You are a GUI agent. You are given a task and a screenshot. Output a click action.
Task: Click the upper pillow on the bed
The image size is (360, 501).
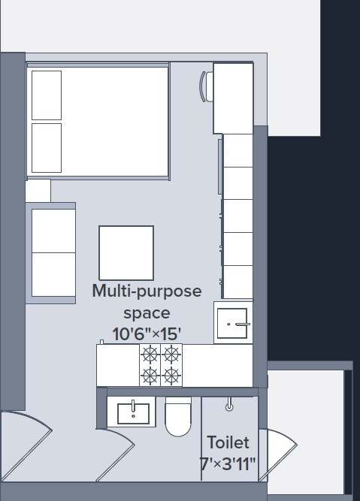pos(47,95)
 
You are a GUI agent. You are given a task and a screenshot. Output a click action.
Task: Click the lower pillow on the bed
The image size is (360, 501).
pos(47,147)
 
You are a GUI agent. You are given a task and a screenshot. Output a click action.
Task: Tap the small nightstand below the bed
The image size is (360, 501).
pos(38,190)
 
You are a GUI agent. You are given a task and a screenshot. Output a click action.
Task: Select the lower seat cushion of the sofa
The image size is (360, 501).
pos(54,276)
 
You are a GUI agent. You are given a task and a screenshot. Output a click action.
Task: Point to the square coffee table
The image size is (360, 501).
pos(126,252)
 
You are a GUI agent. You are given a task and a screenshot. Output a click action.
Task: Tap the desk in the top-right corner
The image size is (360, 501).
pos(232,98)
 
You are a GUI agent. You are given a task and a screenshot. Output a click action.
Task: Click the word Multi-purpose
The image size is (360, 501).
pos(147,291)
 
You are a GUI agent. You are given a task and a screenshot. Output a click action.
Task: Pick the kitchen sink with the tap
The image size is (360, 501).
pos(233,322)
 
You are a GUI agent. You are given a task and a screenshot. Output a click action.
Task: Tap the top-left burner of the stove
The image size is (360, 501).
pos(151,355)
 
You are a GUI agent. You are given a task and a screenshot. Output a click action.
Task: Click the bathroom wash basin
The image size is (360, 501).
pos(132,412)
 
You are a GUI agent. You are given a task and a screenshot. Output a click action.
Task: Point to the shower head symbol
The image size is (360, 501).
pos(229,406)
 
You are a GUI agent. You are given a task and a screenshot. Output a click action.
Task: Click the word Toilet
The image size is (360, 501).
pos(228,442)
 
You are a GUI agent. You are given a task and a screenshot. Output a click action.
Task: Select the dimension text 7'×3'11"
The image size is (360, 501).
pos(228,465)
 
